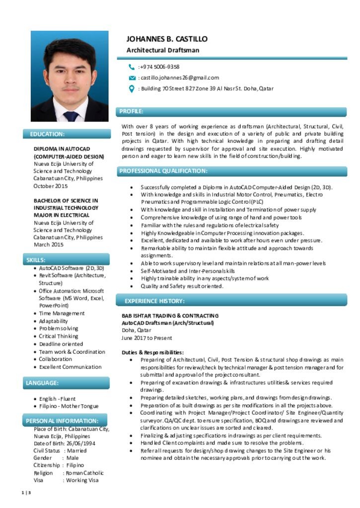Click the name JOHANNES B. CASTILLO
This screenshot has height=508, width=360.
click(167, 39)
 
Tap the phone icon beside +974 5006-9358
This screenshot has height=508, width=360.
click(132, 67)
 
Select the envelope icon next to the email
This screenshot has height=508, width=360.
click(132, 78)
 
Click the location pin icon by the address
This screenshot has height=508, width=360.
click(132, 89)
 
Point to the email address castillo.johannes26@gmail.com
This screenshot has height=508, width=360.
click(179, 78)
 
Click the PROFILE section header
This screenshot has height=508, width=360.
click(132, 112)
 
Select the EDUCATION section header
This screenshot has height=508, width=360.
click(47, 134)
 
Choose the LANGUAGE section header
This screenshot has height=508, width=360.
click(42, 383)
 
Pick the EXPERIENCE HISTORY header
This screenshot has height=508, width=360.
click(154, 301)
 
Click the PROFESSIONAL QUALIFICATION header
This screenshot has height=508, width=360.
click(163, 171)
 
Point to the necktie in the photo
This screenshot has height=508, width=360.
click(71, 116)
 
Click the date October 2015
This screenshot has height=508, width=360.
click(50, 186)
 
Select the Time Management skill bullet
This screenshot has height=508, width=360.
click(62, 314)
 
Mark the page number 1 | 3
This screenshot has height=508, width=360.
click(27, 493)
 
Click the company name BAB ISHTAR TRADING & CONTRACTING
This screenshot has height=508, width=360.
click(170, 316)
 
